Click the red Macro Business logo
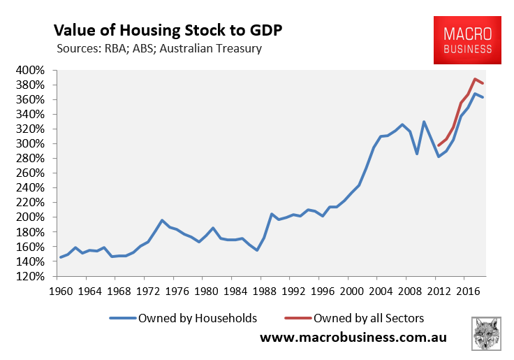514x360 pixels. [x=467, y=40]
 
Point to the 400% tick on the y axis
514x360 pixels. [x=31, y=71]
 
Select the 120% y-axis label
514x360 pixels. [x=31, y=276]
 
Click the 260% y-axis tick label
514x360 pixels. [x=31, y=173]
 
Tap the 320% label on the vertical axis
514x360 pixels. [x=31, y=129]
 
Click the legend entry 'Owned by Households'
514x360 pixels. [x=183, y=318]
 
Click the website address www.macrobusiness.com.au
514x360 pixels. [x=353, y=338]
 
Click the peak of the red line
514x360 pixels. [x=475, y=79]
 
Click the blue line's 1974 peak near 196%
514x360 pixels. [x=162, y=220]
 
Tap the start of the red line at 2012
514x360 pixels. [x=439, y=145]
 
